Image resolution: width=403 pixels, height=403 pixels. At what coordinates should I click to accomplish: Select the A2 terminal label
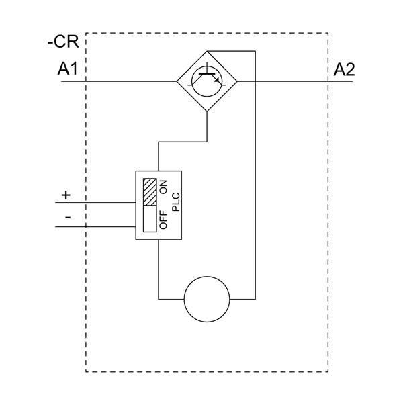(343, 70)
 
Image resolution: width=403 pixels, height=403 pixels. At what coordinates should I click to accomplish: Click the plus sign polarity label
(65, 195)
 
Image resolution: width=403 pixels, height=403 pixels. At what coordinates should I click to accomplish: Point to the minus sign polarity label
(67, 218)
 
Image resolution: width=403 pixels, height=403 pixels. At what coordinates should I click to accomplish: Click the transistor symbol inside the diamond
(207, 81)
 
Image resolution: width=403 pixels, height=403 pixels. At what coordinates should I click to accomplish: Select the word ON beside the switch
(163, 186)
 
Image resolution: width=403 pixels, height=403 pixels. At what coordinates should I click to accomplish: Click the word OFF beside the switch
(163, 220)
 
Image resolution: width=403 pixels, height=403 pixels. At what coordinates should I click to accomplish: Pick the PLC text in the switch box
(176, 201)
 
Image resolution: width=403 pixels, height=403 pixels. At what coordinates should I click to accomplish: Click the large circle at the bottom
(207, 298)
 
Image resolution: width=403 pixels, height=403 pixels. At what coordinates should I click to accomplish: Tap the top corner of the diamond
(207, 51)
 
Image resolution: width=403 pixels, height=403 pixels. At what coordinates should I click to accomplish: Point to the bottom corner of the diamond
(207, 111)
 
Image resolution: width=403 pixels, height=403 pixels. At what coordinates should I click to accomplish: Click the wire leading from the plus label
(101, 202)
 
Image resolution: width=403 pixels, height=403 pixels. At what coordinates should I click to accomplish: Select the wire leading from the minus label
(101, 226)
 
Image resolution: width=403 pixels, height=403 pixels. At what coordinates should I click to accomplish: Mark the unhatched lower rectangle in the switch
(149, 217)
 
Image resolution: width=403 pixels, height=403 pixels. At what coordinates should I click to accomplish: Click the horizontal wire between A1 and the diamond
(128, 81)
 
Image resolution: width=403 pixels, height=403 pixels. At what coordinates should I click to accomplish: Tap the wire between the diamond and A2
(289, 81)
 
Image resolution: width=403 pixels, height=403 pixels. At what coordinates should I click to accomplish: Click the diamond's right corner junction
(237, 81)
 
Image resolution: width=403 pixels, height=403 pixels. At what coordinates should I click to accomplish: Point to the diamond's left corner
(177, 81)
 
